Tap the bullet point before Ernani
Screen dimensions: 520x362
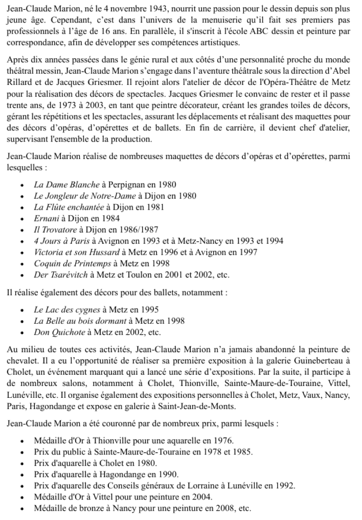[22, 218]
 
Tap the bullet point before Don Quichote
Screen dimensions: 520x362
[22, 332]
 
